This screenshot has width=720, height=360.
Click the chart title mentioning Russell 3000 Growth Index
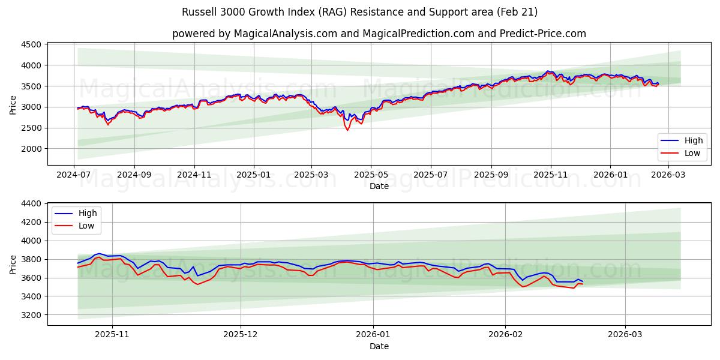(359, 12)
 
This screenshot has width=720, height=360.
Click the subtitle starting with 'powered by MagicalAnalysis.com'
(379, 34)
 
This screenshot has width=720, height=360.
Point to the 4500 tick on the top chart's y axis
(31, 44)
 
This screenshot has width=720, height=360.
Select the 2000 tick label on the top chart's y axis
(31, 149)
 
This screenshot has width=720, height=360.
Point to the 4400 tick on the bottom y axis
(31, 204)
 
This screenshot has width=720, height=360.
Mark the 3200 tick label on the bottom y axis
(31, 315)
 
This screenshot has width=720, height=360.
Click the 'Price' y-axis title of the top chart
(13, 105)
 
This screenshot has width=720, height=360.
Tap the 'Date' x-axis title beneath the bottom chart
(379, 346)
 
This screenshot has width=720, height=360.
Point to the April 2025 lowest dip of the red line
(347, 130)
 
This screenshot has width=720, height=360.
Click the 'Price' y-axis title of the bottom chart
(13, 264)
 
